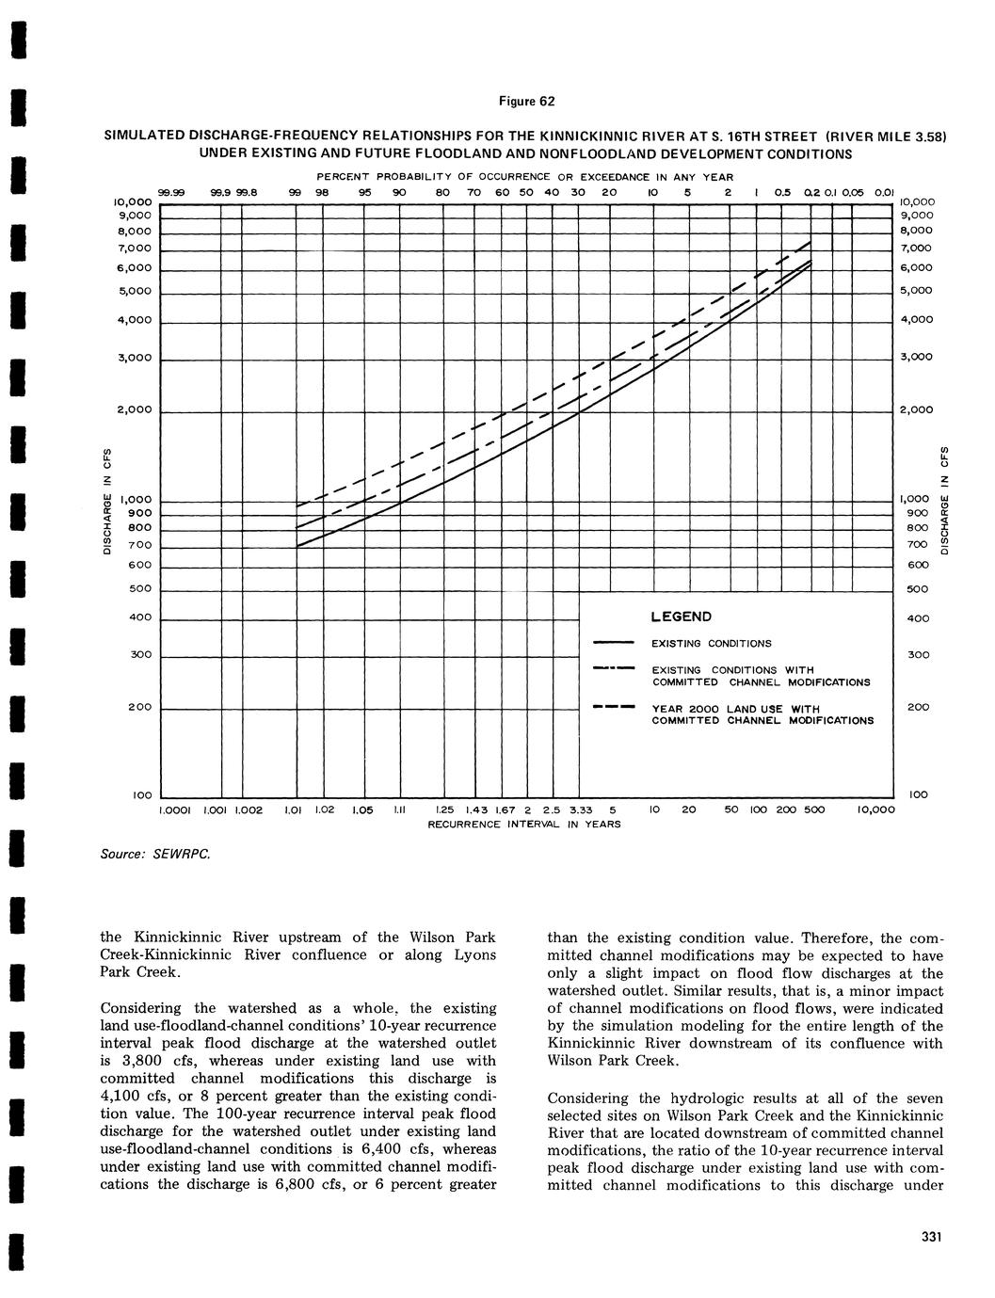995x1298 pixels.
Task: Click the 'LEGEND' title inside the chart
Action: pos(681,617)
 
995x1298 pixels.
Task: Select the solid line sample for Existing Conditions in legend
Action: pos(614,644)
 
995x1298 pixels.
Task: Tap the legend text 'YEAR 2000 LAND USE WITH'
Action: pos(735,709)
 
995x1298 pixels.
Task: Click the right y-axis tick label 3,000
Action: pos(917,358)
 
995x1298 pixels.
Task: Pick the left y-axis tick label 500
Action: pos(138,589)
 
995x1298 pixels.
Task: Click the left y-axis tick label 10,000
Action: pos(131,202)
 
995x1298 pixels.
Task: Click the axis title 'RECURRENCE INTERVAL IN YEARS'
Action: pos(524,824)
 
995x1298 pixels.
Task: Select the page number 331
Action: pos(932,1237)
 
